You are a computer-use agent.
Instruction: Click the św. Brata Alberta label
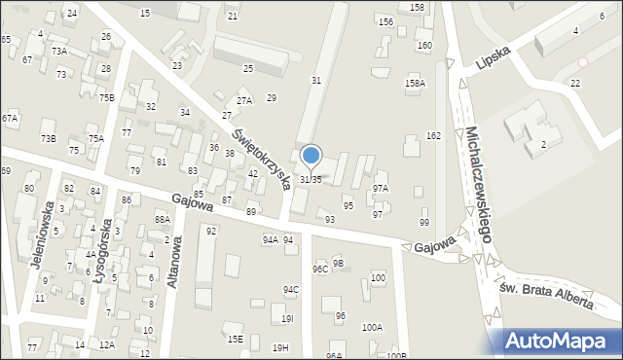point(545,295)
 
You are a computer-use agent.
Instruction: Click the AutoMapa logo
point(562,342)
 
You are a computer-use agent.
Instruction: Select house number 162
point(433,135)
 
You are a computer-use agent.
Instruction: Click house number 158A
point(415,84)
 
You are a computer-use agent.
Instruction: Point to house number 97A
point(380,188)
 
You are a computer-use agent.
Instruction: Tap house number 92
point(210,231)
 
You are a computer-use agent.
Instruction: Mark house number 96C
point(319,269)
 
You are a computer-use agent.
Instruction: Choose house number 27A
point(244,100)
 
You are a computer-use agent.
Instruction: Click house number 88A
point(163,220)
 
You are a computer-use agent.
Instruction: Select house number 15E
point(235,339)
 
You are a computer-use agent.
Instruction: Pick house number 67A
point(10,118)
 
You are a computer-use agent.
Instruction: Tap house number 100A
point(372,328)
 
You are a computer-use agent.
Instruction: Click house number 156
point(385,21)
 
